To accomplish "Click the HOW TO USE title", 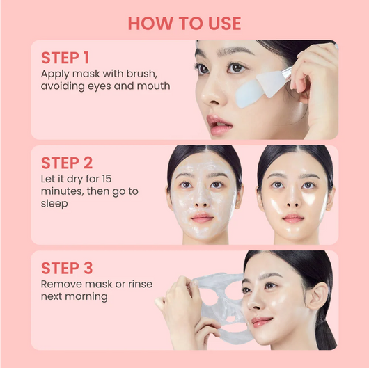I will [184, 23].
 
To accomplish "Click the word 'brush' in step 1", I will [152, 73].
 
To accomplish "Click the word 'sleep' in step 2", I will [56, 205].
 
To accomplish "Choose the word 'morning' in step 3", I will [88, 297].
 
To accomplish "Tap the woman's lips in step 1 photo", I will [219, 126].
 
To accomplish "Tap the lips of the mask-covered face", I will [202, 218].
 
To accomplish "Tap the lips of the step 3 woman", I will [261, 321].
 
